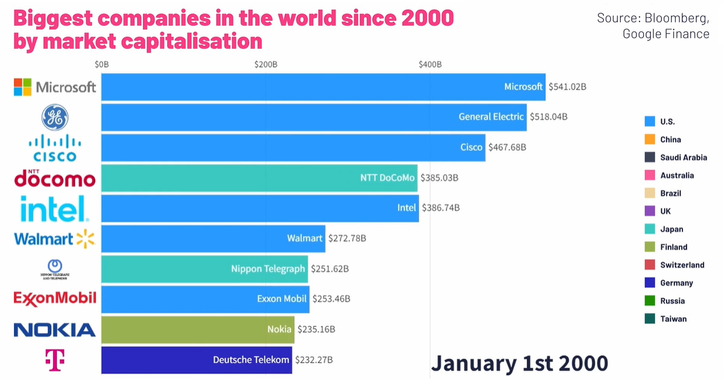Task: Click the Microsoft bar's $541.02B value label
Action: coord(567,87)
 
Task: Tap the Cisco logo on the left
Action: coord(55,148)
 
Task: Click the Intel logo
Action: coord(55,209)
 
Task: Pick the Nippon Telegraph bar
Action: coord(205,269)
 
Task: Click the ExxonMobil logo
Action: coord(55,298)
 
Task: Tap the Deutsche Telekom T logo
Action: coord(55,359)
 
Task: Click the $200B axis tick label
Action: coord(265,64)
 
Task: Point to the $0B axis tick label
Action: coord(101,64)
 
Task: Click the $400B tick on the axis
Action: coord(430,64)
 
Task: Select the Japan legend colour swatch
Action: coord(650,229)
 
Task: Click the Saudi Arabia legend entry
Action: coord(683,157)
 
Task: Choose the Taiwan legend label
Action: coord(673,319)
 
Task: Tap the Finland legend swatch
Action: coord(650,247)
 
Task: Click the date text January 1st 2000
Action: coord(519,363)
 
